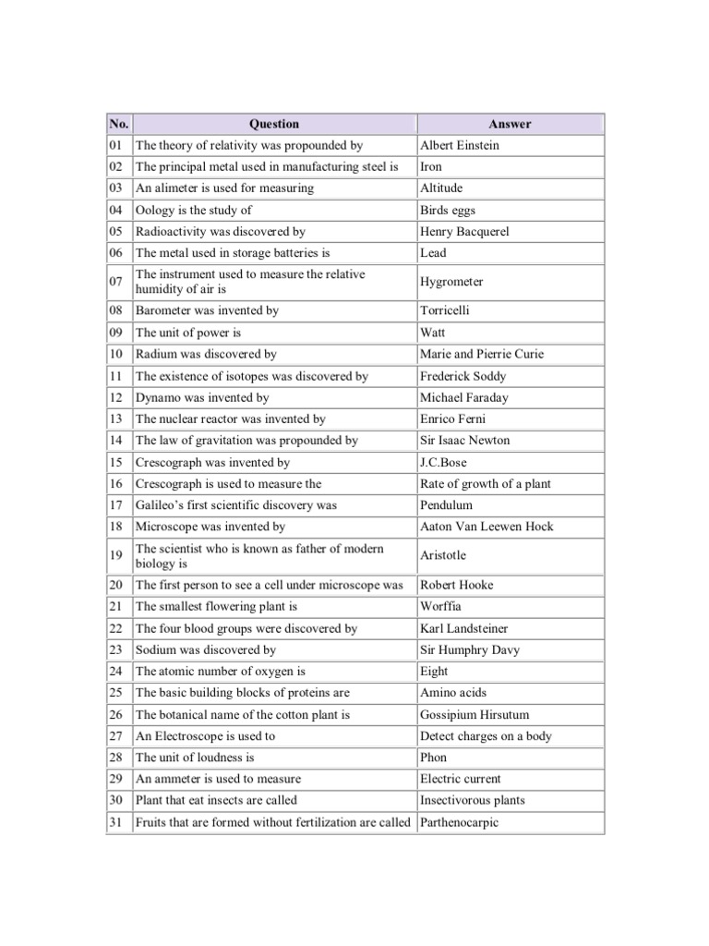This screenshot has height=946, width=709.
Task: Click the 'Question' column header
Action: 274,124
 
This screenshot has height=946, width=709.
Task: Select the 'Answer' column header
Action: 510,124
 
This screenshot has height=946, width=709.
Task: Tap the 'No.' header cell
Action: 119,124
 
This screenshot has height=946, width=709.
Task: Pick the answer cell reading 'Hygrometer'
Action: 451,282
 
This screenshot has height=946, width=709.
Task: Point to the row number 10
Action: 116,354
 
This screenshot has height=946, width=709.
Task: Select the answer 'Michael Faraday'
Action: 464,397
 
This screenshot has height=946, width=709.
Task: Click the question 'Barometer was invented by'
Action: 207,310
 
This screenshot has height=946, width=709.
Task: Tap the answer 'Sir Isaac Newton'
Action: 464,441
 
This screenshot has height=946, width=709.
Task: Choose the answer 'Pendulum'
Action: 446,505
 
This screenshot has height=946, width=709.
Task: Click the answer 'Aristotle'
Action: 443,555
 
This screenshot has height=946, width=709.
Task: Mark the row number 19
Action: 116,555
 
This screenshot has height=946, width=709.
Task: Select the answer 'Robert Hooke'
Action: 457,585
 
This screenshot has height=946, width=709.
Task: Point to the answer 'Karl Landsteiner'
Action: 463,628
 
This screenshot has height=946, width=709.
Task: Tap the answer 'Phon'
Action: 433,758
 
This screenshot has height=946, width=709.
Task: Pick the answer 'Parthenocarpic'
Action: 459,822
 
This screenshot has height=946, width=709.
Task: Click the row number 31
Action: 116,822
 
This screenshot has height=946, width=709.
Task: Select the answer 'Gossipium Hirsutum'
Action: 475,715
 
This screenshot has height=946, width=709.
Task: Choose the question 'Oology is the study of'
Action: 193,210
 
